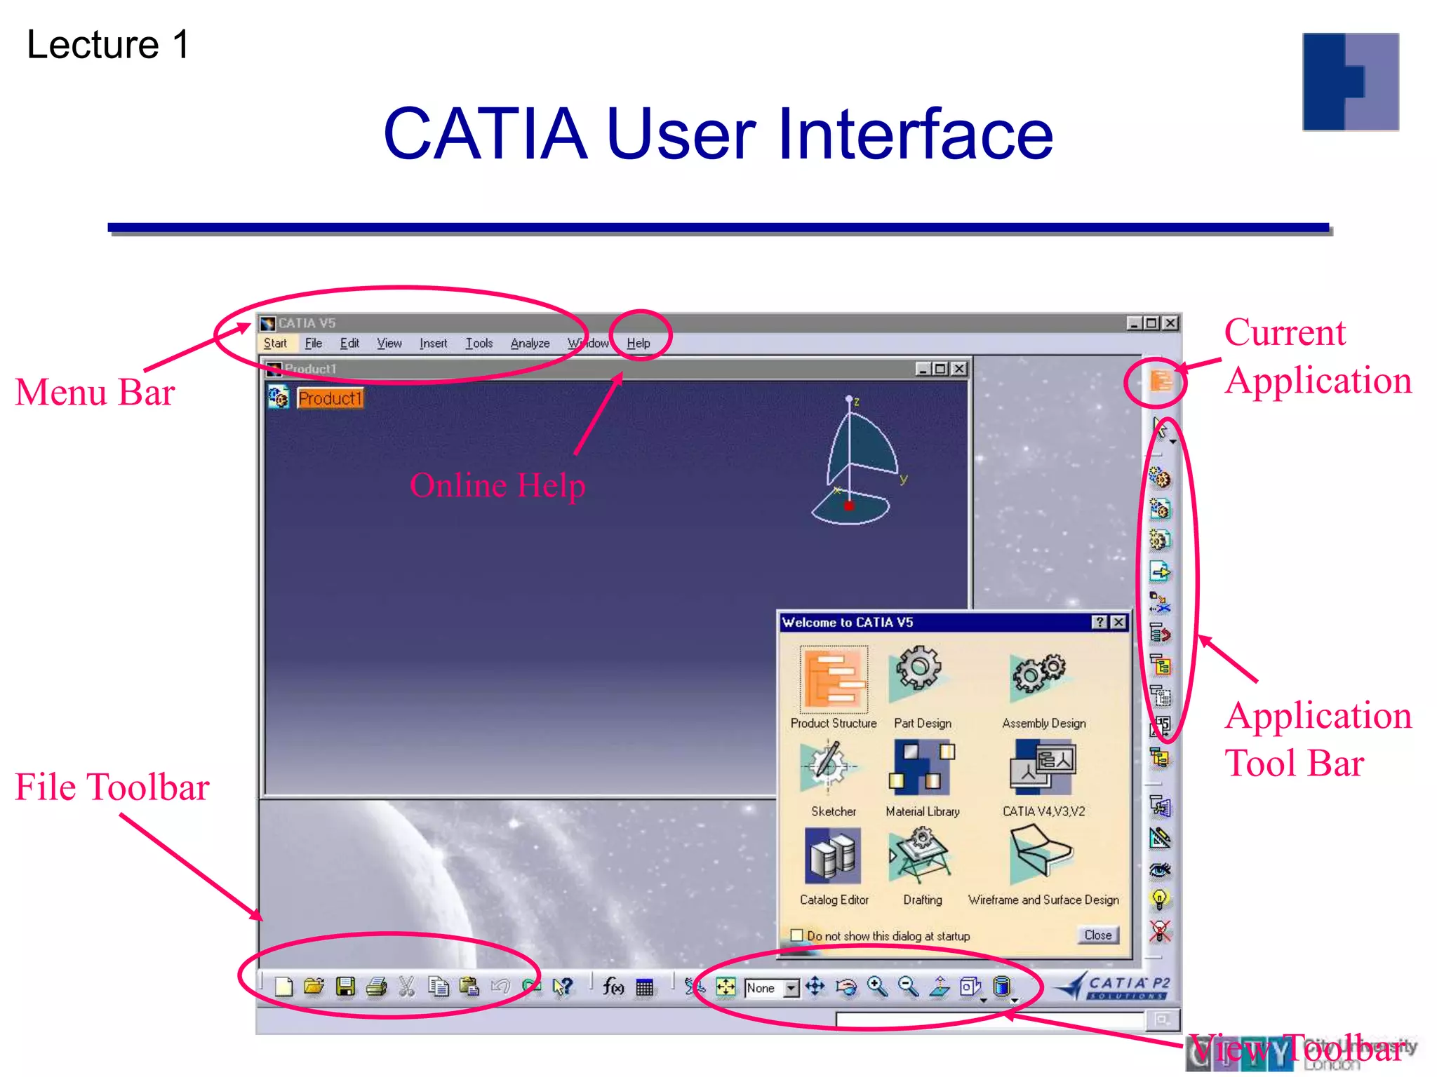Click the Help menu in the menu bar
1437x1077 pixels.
point(638,343)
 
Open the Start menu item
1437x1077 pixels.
point(275,343)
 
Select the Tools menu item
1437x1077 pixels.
point(479,343)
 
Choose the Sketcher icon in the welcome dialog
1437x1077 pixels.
point(829,766)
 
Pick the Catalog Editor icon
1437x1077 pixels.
point(833,856)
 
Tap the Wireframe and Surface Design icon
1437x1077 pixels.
point(1041,855)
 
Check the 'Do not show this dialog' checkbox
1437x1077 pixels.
point(797,935)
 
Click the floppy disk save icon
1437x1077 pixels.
point(345,987)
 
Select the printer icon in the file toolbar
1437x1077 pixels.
point(377,987)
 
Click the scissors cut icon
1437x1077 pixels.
point(406,987)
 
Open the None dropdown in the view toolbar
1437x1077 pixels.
point(791,988)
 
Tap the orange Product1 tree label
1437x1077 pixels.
point(330,398)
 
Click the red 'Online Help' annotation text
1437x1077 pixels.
point(497,485)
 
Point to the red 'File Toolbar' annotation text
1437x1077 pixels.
point(112,787)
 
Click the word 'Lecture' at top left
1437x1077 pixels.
point(93,45)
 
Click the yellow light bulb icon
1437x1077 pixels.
point(1159,899)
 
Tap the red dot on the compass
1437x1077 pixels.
point(849,505)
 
